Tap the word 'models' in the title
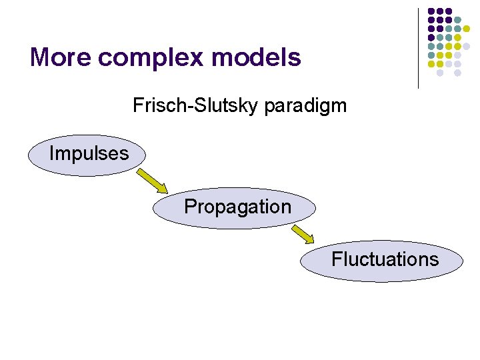click(x=256, y=57)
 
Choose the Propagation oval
click(x=235, y=207)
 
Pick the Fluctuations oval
click(x=381, y=259)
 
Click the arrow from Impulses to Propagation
click(x=153, y=180)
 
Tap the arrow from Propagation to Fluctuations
click(x=303, y=233)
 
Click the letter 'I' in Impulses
click(x=52, y=154)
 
